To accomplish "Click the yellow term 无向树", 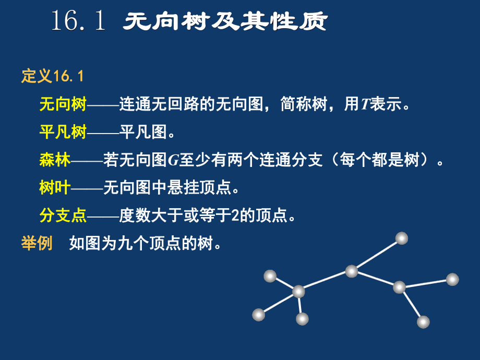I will click(x=63, y=105).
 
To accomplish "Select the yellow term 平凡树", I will click(x=63, y=133).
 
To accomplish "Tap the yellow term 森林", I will click(x=55, y=160).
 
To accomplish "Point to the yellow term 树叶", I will click(x=55, y=188).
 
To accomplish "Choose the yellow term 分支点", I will click(x=63, y=215).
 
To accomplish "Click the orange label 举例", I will click(x=37, y=243).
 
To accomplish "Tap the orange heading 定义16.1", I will click(x=52, y=77).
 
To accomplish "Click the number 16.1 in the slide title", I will click(x=78, y=22).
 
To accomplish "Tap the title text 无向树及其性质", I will click(x=225, y=22).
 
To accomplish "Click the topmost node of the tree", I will click(x=401, y=238).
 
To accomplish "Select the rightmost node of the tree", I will click(x=452, y=280).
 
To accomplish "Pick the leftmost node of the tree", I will click(x=259, y=315).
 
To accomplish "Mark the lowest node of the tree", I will click(x=423, y=322).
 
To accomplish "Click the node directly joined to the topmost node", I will click(x=352, y=271).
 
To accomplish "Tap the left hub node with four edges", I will click(x=298, y=292).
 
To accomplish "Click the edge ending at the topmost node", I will click(x=377, y=255).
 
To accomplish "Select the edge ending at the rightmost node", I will click(x=426, y=283).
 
